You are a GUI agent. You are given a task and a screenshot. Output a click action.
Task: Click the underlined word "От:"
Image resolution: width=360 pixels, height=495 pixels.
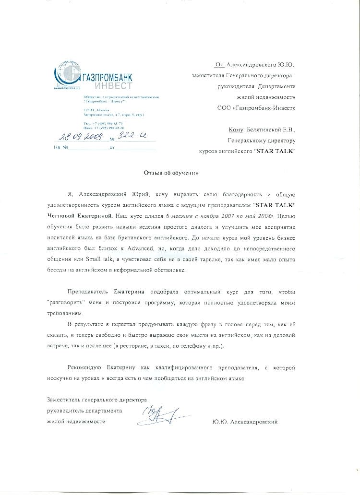(220, 64)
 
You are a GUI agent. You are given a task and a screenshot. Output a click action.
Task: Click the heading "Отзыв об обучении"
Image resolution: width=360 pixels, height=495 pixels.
(171, 172)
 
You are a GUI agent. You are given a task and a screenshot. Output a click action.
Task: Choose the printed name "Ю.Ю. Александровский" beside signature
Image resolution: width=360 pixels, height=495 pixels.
(244, 422)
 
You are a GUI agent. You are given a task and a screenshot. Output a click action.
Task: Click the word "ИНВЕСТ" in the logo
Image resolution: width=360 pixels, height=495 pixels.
(113, 85)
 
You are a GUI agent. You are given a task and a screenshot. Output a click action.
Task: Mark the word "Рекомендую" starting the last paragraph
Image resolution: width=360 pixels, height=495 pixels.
(84, 367)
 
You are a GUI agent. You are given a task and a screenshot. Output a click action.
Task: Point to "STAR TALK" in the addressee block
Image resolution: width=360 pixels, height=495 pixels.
(275, 151)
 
